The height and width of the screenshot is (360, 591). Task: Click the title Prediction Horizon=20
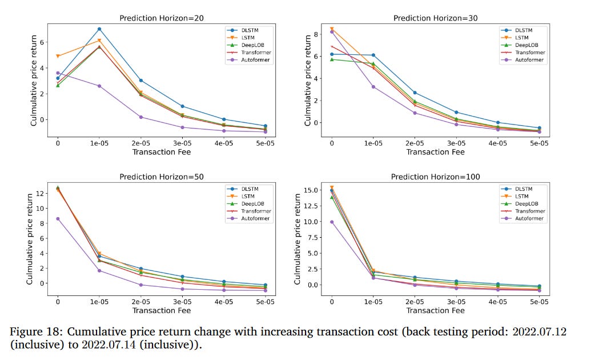[162, 18]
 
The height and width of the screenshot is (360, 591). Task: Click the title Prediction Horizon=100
[435, 177]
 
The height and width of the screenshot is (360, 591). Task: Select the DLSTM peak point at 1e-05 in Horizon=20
[99, 29]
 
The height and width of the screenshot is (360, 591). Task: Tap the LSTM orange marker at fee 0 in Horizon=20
[57, 56]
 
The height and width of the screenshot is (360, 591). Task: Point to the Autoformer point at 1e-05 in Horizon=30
[373, 87]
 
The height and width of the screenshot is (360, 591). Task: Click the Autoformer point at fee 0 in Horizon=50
[57, 219]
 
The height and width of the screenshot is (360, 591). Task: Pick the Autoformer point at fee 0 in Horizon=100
[331, 222]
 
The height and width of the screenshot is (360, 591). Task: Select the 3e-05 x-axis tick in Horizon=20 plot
[182, 143]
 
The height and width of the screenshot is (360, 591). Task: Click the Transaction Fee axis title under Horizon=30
[435, 152]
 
